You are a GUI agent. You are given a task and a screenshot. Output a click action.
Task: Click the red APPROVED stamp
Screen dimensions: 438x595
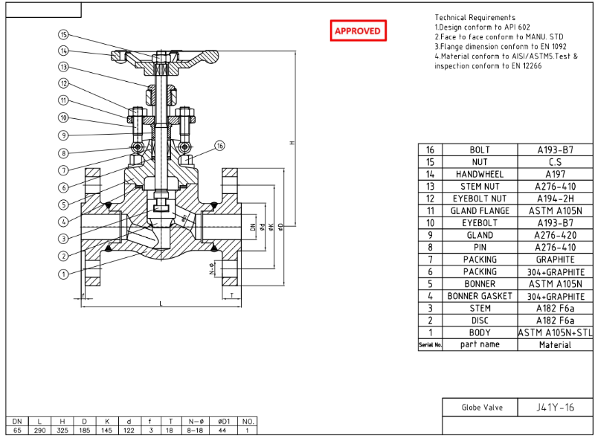358,30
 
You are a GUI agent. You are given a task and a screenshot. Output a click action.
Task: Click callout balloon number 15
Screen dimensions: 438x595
63,35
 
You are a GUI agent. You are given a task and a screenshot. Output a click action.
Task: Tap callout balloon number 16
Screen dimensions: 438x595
220,146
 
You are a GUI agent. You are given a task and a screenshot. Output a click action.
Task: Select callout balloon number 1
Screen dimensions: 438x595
63,274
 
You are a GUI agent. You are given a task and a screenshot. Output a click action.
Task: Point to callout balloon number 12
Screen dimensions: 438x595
63,84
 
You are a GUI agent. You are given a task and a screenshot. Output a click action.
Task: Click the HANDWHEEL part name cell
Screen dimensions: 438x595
480,174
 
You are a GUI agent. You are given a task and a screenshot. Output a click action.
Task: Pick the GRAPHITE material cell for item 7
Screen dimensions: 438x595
555,260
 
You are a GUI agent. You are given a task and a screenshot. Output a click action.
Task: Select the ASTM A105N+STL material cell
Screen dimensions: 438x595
555,332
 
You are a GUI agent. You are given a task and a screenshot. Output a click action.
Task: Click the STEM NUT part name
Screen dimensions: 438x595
480,186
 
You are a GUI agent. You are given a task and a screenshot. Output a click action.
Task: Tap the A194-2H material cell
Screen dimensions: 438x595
555,199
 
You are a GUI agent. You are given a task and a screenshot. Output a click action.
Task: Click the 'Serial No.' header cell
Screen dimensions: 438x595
430,345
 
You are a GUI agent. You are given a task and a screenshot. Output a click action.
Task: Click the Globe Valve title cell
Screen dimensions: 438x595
482,408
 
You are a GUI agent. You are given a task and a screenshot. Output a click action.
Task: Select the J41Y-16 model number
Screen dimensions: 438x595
555,408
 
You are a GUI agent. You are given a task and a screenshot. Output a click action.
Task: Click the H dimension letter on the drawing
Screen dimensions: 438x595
292,143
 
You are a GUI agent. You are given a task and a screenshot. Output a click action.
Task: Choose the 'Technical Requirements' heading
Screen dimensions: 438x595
475,17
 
